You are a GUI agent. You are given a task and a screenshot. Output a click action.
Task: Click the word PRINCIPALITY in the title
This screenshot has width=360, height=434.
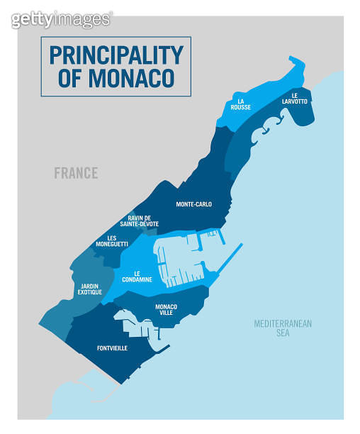[x=116, y=54]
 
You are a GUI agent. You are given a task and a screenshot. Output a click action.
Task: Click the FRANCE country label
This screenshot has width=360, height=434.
[x=76, y=173]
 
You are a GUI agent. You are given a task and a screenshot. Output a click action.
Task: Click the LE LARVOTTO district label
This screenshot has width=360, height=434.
[x=298, y=98]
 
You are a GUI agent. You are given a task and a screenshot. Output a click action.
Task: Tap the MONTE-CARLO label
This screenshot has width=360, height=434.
[x=193, y=204]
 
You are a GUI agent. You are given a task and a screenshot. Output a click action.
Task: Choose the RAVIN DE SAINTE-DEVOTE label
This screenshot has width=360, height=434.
[x=143, y=221]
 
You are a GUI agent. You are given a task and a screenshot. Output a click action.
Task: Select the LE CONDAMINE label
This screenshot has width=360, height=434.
[x=142, y=277]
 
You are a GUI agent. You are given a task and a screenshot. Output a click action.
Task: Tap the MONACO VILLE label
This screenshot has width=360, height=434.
[x=165, y=309]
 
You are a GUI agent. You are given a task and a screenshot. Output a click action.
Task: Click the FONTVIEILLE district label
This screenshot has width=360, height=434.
[x=112, y=348]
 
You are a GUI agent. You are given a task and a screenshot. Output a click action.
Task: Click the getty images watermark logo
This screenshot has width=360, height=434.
[x=61, y=19]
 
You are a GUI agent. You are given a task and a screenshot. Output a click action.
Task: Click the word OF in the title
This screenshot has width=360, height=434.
[x=70, y=78]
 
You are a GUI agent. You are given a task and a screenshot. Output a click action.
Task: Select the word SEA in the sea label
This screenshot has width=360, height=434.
[x=283, y=333]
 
